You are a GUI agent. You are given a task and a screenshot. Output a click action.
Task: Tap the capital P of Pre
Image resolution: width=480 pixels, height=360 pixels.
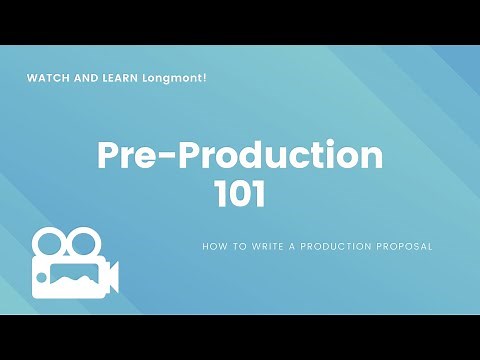[108, 156]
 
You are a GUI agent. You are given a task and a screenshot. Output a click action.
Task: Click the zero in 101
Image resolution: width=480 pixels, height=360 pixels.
[239, 193]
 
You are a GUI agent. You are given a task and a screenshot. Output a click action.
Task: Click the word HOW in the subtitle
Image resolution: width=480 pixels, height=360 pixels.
[213, 245]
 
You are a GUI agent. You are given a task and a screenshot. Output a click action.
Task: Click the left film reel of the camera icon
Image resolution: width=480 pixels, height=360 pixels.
[49, 243]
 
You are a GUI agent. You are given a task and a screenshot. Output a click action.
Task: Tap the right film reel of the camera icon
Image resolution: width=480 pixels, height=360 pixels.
[84, 243]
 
